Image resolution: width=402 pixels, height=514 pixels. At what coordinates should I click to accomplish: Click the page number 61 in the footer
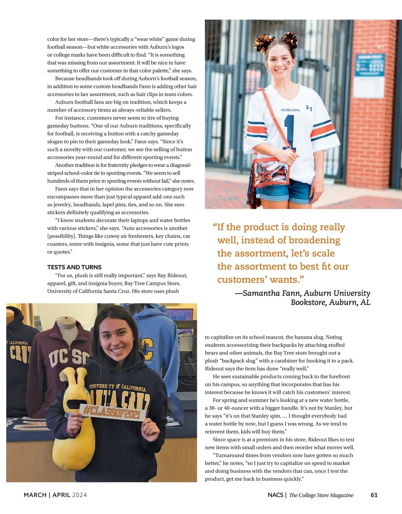374,495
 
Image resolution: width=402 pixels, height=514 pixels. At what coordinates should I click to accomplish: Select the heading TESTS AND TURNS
74,267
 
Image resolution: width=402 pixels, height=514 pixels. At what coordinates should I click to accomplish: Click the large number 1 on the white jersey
289,132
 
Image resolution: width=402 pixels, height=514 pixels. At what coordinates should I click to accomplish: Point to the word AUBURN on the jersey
290,110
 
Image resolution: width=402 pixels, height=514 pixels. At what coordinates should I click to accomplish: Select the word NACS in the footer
275,495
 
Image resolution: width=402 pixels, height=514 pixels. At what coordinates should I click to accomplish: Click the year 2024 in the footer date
79,495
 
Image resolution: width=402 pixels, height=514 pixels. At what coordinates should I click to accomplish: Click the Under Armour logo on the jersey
309,108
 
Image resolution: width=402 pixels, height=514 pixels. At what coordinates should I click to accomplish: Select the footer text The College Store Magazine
321,495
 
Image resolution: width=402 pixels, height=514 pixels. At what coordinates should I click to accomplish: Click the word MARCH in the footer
35,495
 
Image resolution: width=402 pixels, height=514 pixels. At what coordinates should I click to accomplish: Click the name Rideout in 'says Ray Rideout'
177,275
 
